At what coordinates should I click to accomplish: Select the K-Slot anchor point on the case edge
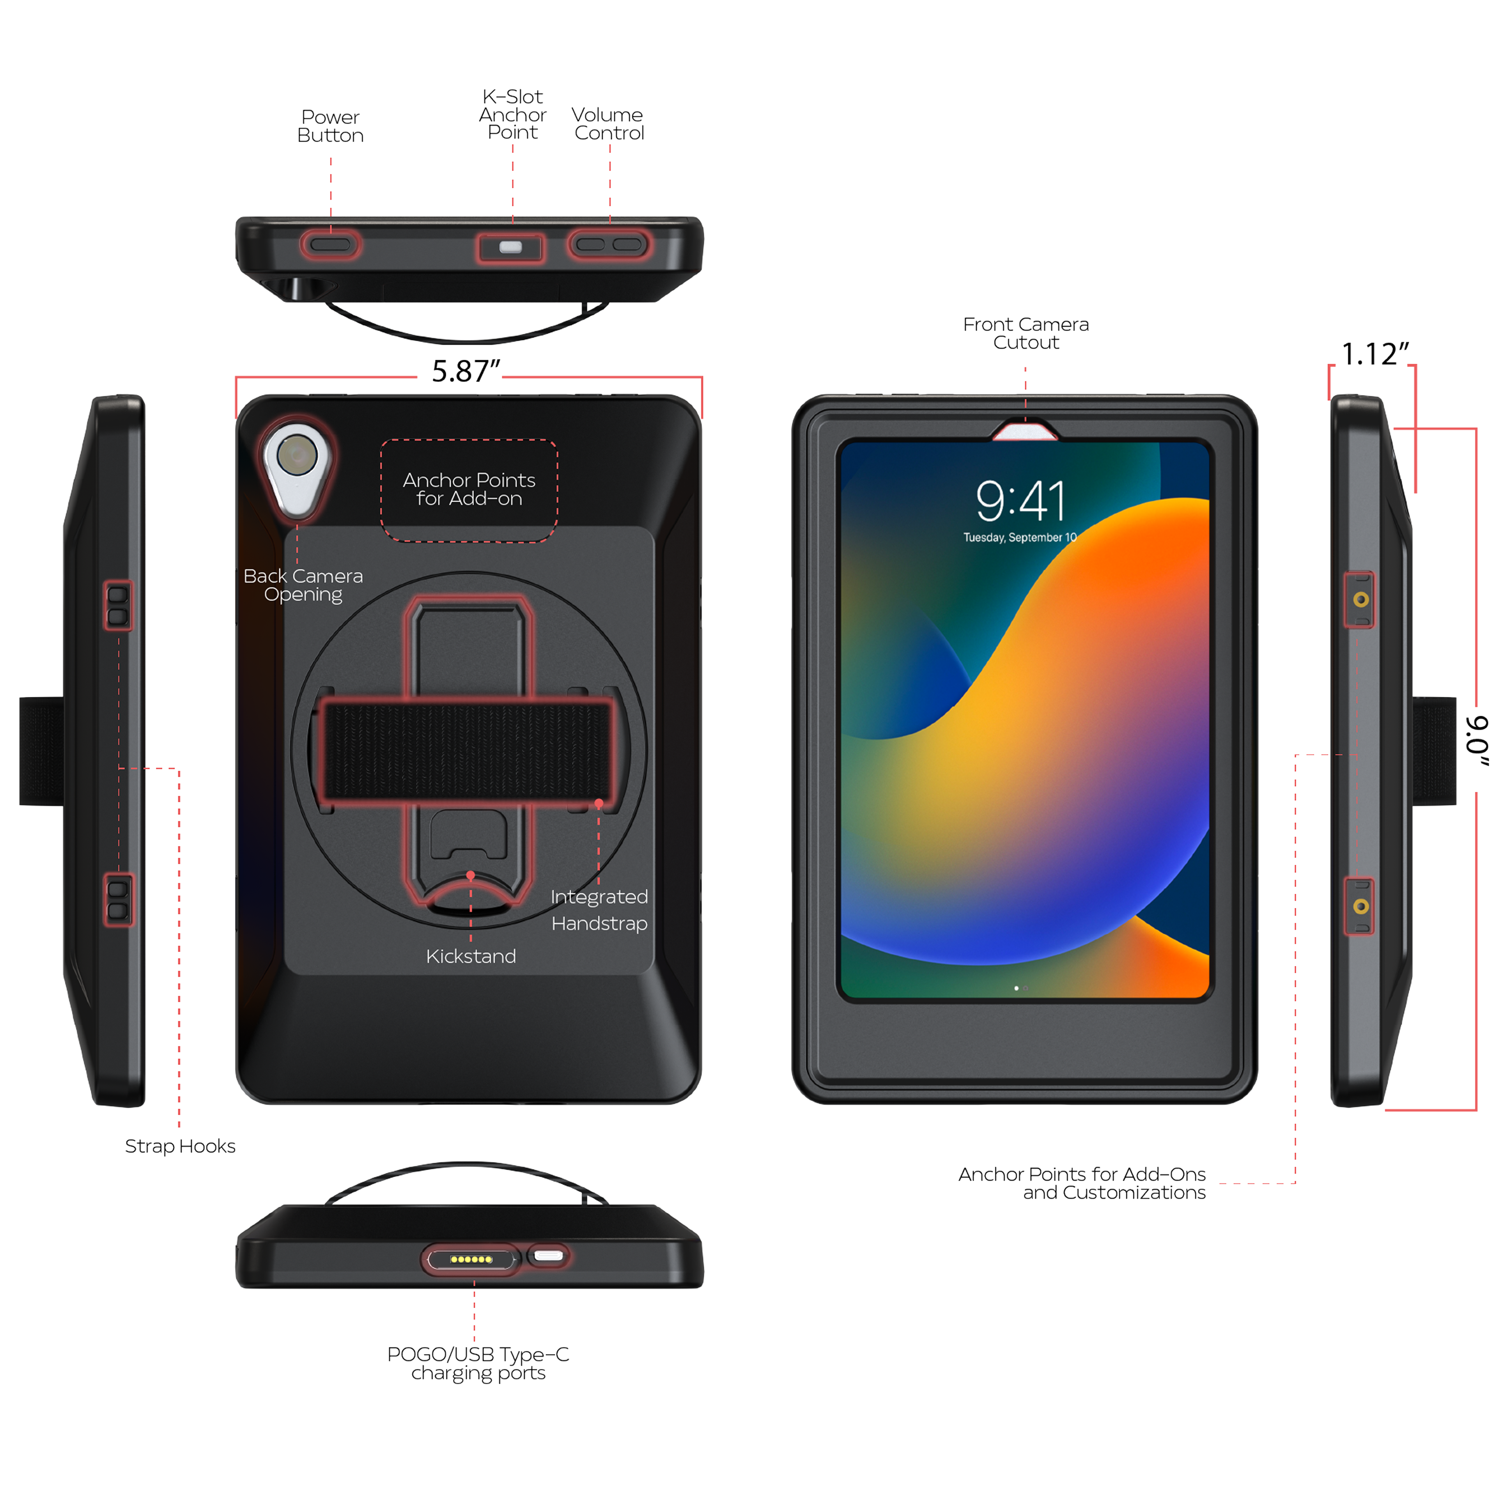click(x=511, y=247)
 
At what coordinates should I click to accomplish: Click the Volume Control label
click(x=609, y=124)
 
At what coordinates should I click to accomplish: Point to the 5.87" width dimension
click(x=466, y=371)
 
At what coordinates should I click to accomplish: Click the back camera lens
click(x=297, y=455)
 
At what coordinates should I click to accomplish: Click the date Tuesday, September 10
click(x=1020, y=537)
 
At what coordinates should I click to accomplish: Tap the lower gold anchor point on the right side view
click(x=1361, y=907)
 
